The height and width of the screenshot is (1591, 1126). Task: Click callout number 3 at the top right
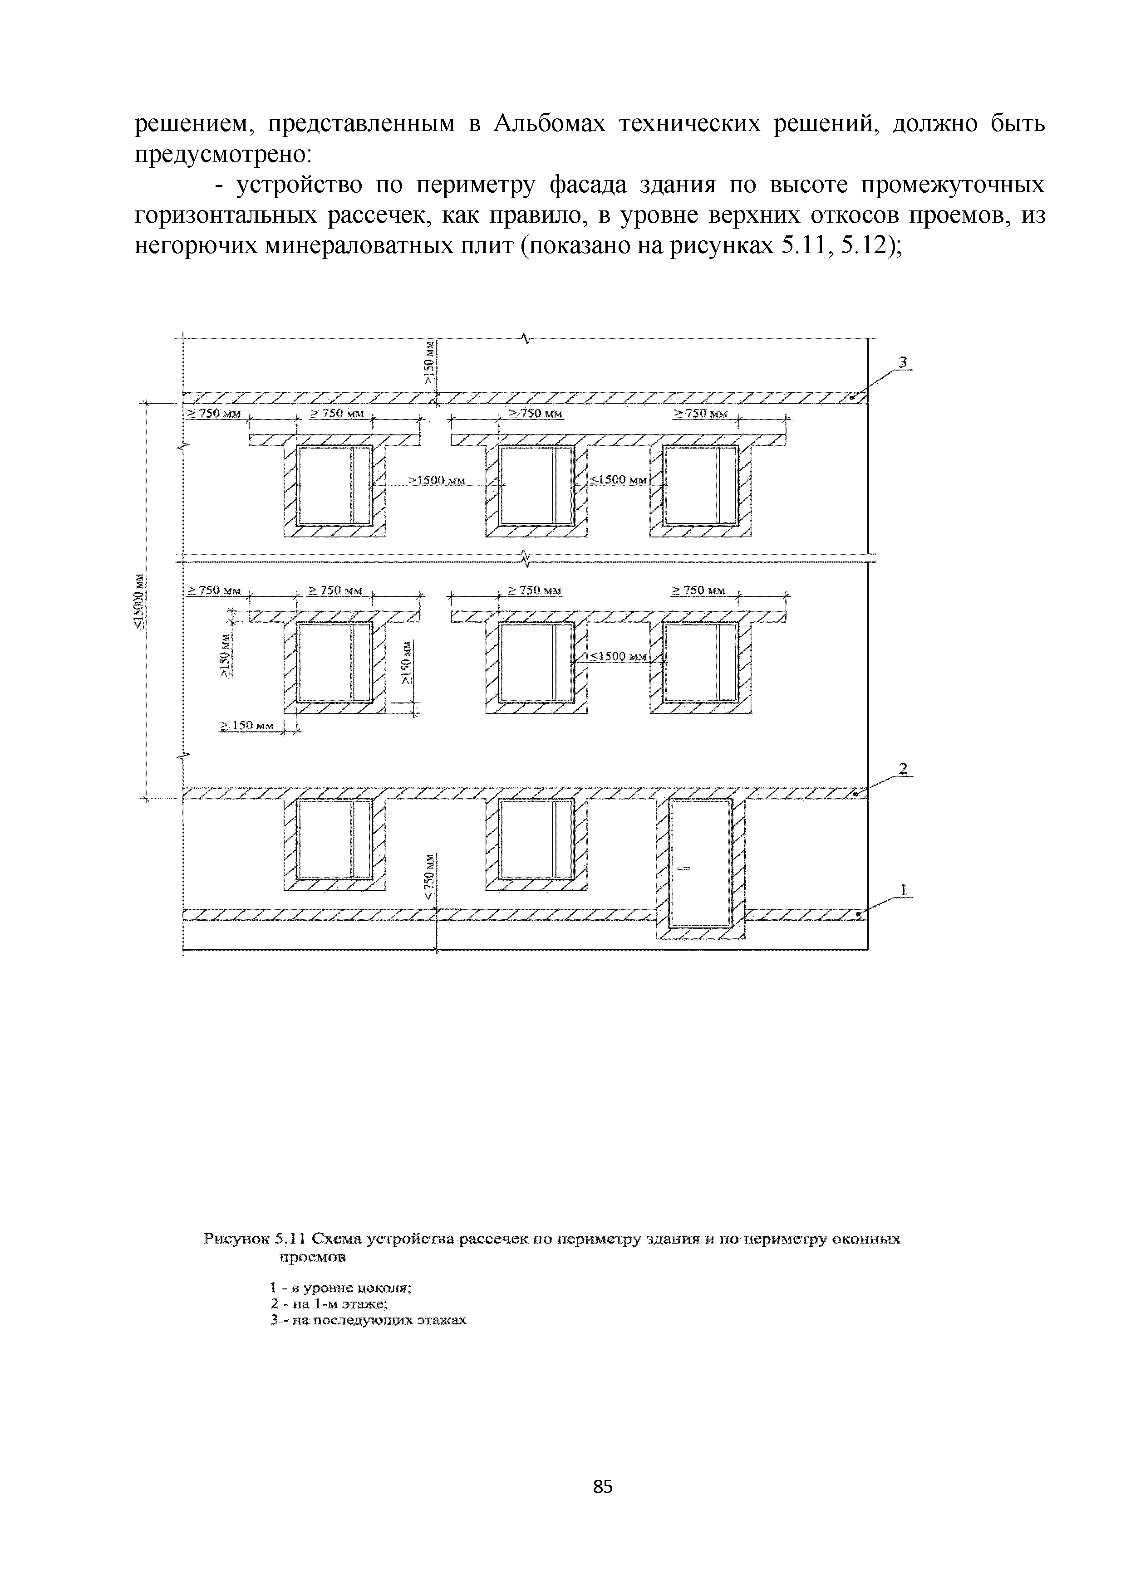pos(903,362)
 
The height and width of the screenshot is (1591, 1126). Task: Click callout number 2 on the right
pos(903,768)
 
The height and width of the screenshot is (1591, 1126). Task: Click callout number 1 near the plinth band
pos(903,888)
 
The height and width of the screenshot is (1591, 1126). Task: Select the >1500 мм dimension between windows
pos(436,479)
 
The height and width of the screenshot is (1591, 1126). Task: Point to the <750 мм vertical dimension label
pos(429,881)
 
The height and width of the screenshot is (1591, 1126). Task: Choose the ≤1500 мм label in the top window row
pos(619,479)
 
